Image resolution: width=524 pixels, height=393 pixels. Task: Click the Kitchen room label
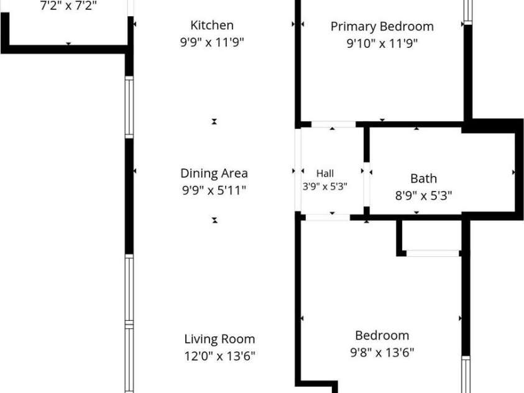tap(212, 25)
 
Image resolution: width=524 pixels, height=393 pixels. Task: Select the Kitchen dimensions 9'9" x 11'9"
tap(212, 42)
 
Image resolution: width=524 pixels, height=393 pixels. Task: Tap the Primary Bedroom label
tap(382, 26)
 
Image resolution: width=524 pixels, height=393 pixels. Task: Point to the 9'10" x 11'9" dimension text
tap(382, 44)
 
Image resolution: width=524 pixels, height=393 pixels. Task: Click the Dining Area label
tap(214, 173)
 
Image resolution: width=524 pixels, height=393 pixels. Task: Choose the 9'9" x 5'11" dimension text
tap(214, 190)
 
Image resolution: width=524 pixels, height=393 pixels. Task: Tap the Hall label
tap(325, 173)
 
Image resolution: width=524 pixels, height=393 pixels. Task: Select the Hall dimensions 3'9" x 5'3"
tap(325, 186)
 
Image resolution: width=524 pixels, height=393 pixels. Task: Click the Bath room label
tap(423, 178)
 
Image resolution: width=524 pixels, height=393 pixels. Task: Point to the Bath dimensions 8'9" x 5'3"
tap(423, 195)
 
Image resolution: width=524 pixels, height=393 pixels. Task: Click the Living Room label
tap(219, 339)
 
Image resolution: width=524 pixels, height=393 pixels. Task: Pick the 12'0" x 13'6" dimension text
tap(219, 356)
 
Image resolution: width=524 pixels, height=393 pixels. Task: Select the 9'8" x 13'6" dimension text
tap(382, 353)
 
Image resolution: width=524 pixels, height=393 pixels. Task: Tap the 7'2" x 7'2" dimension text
tap(68, 6)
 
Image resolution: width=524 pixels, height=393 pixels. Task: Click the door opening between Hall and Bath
tap(367, 185)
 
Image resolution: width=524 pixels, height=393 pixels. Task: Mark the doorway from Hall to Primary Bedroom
tap(333, 124)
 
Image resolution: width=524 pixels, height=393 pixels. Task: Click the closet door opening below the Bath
tap(433, 253)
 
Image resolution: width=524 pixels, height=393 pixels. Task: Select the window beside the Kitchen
tap(129, 107)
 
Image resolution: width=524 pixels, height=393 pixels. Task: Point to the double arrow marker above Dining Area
tap(214, 122)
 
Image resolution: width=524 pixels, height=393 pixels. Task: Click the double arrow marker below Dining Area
tap(214, 220)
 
